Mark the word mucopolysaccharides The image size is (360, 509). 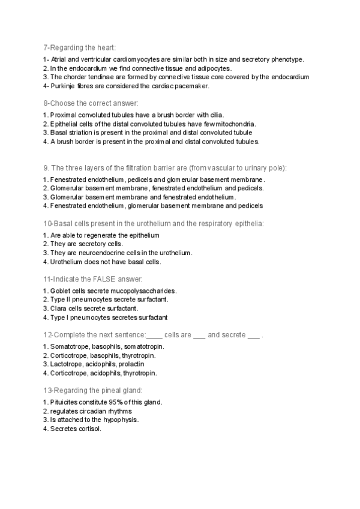coord(146,291)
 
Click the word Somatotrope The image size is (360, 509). coord(70,346)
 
